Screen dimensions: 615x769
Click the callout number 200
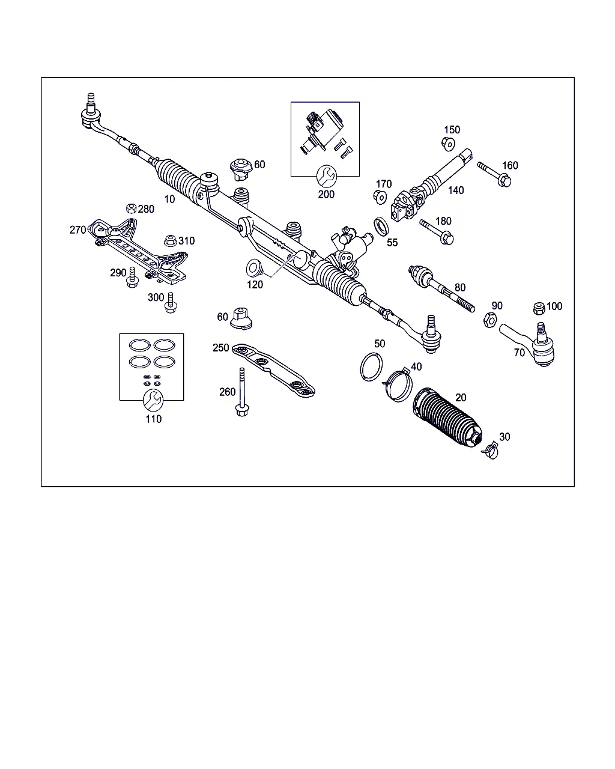326,195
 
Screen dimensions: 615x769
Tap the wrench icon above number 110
153,400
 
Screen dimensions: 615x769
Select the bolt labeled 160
494,174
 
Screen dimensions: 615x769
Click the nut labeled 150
448,144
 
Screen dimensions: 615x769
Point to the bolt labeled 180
437,232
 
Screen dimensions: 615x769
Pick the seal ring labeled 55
381,226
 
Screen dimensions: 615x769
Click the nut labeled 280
131,208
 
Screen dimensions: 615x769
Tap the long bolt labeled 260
242,392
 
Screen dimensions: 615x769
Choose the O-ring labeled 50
371,366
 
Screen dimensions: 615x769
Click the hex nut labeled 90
490,320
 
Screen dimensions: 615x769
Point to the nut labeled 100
539,308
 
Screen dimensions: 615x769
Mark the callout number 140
456,190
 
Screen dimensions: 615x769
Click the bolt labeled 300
171,303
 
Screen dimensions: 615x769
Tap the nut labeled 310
171,241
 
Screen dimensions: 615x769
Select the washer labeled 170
380,197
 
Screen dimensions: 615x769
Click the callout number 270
77,229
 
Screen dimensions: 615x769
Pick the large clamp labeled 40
397,384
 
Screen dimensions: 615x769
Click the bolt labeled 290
132,278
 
